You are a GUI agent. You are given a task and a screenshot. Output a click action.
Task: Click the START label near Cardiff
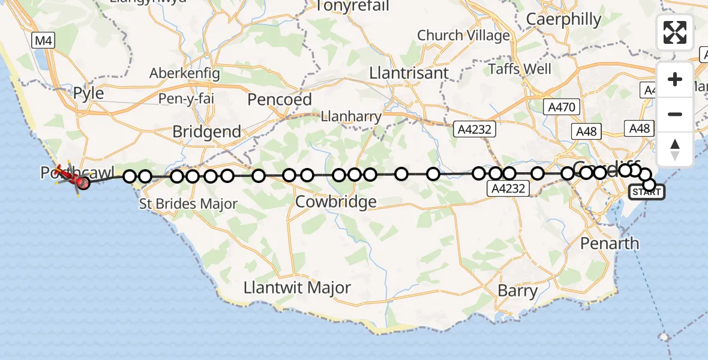(647, 192)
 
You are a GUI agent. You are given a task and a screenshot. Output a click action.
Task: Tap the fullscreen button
(675, 32)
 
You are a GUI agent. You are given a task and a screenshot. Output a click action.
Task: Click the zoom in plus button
(675, 79)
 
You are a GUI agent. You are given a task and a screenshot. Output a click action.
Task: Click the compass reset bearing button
(675, 149)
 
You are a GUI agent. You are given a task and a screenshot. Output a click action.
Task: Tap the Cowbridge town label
(336, 202)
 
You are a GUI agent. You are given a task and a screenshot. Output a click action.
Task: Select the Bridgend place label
(206, 131)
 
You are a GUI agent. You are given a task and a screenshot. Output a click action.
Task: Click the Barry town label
(517, 291)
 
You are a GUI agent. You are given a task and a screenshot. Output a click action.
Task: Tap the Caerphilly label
(563, 19)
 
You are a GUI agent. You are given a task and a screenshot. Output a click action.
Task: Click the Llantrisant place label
(409, 73)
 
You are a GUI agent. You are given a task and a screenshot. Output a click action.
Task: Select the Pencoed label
(280, 99)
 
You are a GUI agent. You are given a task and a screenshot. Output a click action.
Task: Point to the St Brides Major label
(188, 204)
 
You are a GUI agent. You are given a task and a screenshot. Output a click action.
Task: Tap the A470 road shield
(562, 107)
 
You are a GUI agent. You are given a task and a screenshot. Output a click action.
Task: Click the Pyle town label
(88, 94)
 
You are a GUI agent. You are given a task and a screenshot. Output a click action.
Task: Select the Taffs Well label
(520, 68)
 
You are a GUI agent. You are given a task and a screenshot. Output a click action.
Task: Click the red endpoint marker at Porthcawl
(83, 183)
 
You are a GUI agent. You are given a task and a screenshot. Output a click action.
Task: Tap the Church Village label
(463, 36)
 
